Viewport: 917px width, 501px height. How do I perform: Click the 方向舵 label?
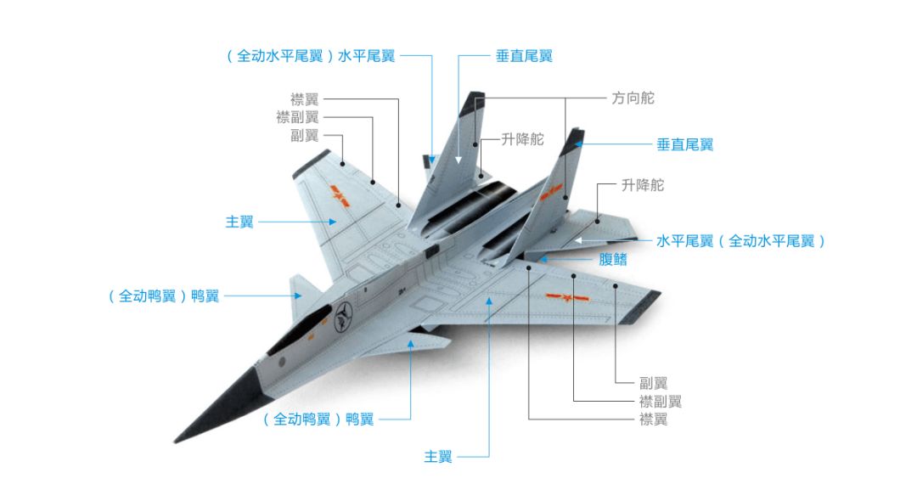pos(633,99)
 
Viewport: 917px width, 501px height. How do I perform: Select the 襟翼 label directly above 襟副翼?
pos(304,99)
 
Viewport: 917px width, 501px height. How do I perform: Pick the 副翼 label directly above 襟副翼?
pos(304,135)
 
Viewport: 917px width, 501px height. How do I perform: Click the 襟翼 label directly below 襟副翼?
pos(653,419)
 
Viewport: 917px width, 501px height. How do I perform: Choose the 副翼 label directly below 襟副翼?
pos(653,383)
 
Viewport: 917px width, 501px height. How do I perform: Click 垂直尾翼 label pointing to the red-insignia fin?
pos(684,144)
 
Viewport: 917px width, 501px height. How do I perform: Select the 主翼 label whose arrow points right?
pos(239,222)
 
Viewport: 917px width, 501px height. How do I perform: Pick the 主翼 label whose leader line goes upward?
pos(438,457)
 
